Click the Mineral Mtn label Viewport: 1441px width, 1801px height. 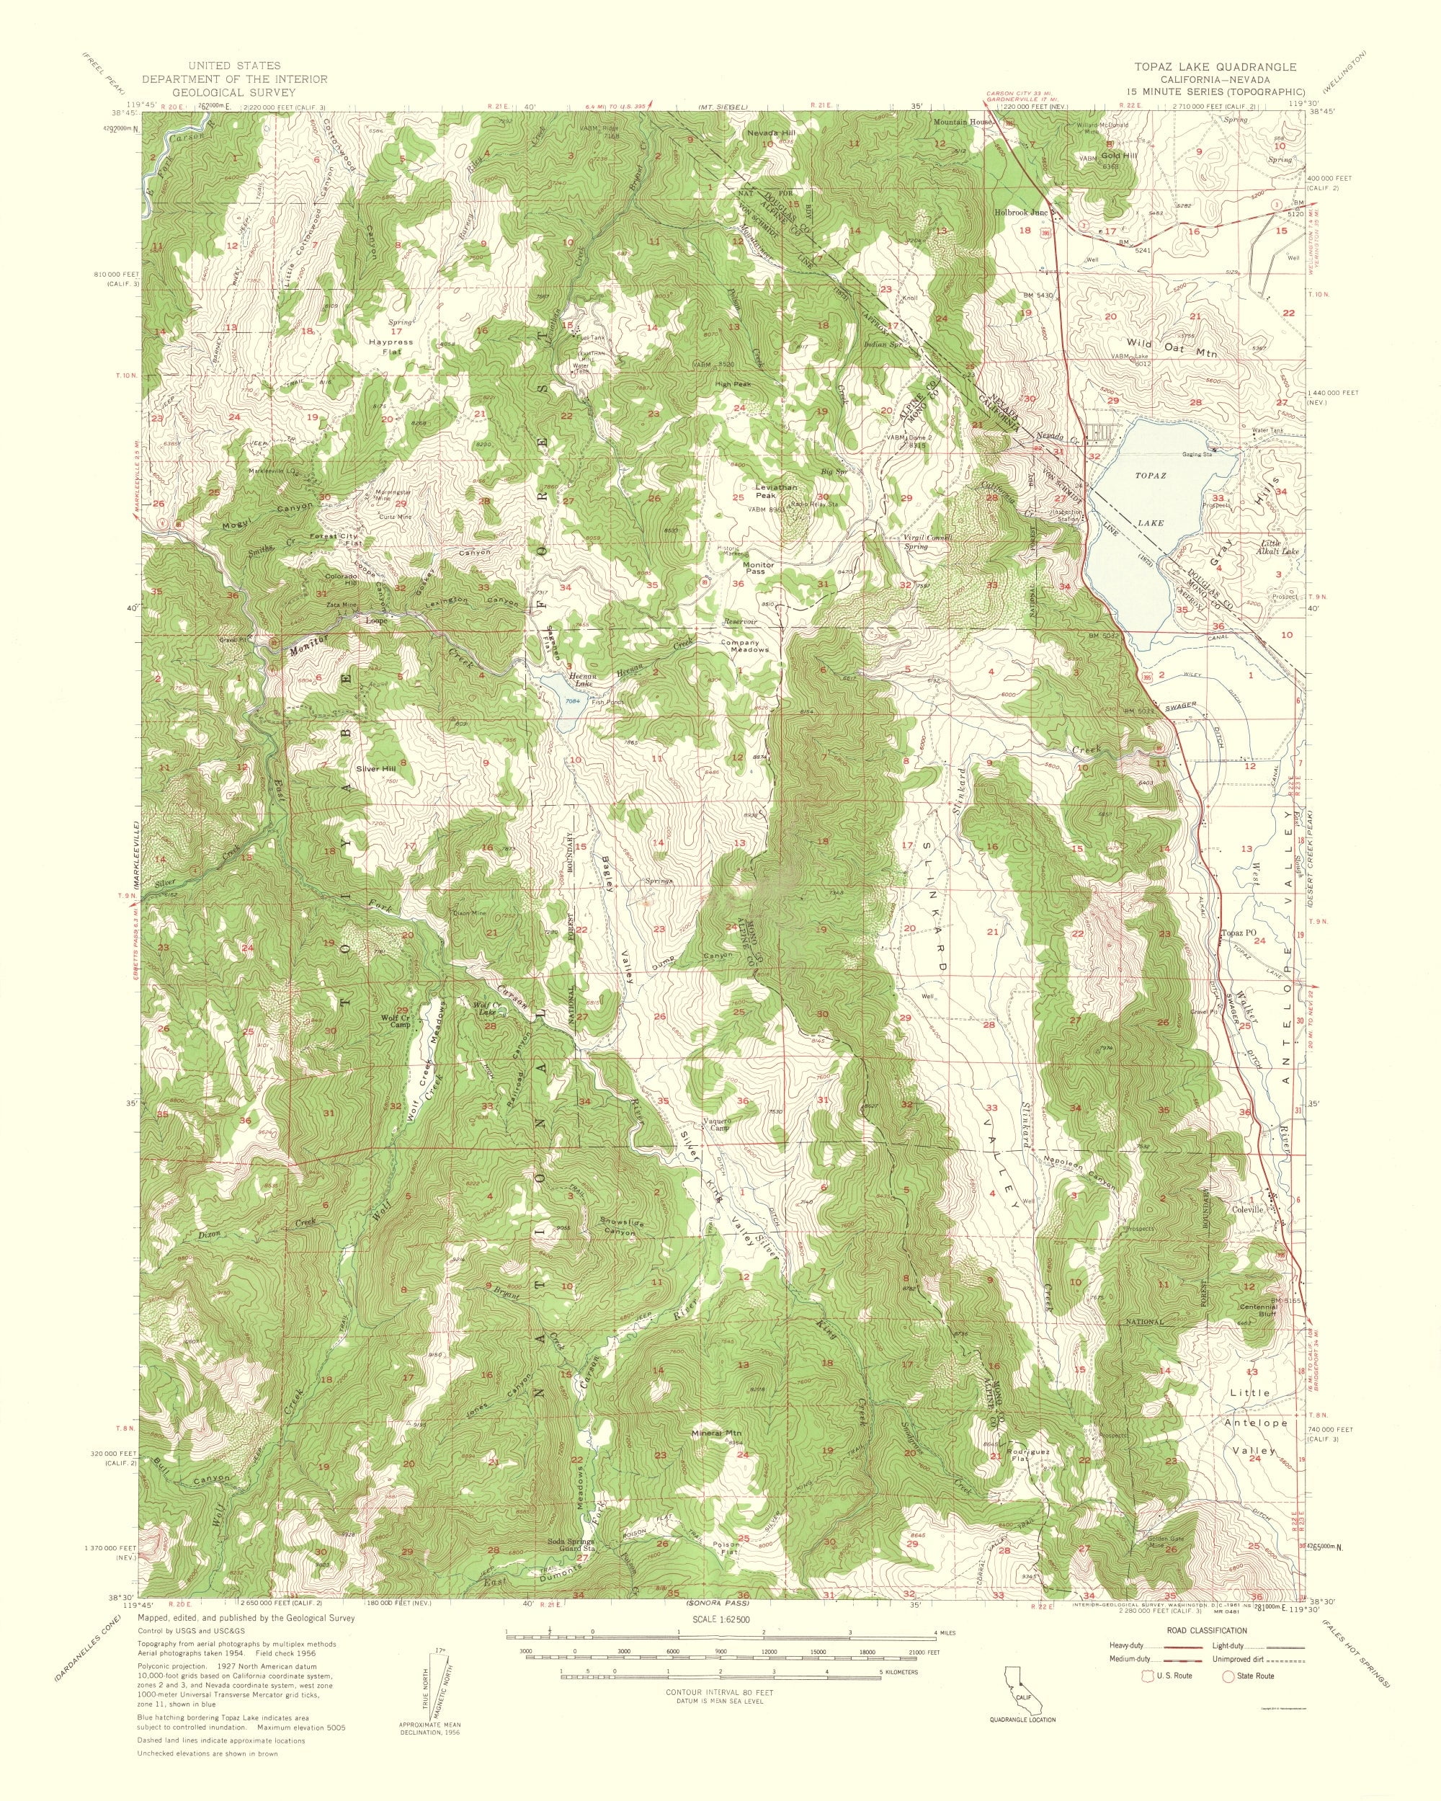point(717,1434)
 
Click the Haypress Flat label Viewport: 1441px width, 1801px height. point(391,347)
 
